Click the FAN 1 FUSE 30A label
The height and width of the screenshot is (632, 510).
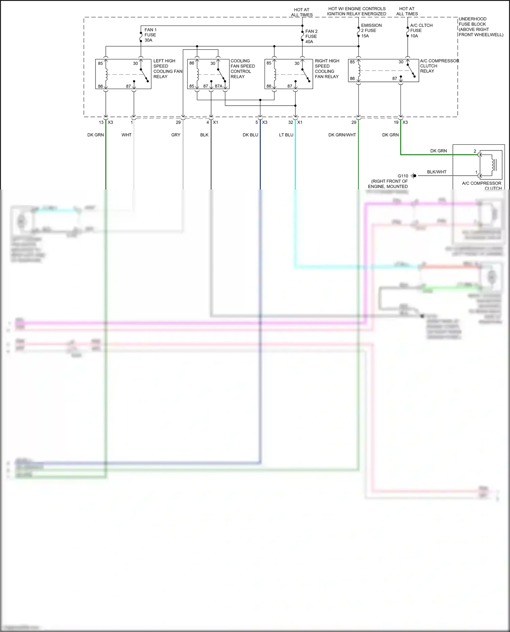click(x=150, y=35)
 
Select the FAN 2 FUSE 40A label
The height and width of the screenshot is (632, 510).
click(x=311, y=36)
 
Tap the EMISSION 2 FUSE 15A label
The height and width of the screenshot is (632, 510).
click(x=371, y=31)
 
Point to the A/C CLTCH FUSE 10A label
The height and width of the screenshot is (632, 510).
click(x=421, y=31)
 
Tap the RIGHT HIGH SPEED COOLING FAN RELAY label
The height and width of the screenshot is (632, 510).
click(x=327, y=69)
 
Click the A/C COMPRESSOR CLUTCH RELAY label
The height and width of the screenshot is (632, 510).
click(x=439, y=66)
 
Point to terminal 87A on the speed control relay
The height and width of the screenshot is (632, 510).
click(x=219, y=86)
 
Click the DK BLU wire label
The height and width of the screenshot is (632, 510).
click(x=250, y=135)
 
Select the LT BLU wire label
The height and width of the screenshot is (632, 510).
click(x=286, y=135)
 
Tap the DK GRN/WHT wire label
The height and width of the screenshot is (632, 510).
click(x=342, y=135)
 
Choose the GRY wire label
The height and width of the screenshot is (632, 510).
click(x=175, y=135)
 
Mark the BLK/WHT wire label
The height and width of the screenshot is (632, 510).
click(x=437, y=172)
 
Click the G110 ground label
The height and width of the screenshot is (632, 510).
click(x=403, y=176)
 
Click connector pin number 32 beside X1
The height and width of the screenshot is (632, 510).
click(x=290, y=122)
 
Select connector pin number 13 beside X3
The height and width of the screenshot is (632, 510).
click(x=101, y=122)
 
